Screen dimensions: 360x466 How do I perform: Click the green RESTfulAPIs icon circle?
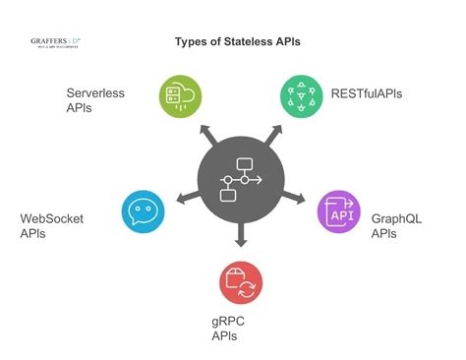[302, 95]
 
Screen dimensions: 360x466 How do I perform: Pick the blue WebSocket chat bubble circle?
[144, 210]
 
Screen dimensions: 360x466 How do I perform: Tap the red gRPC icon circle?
[240, 283]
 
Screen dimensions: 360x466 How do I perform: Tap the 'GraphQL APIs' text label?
[396, 226]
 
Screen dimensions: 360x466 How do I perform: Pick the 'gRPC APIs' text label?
[229, 329]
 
